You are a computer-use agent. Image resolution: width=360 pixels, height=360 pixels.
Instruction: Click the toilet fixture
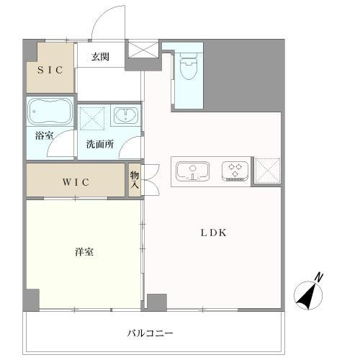coord(189,66)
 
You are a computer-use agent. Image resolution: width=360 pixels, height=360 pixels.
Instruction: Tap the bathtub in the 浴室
coord(50,112)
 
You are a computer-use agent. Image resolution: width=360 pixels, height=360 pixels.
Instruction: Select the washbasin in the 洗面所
coord(126,115)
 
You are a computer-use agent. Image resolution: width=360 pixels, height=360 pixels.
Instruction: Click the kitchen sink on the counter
coord(192,171)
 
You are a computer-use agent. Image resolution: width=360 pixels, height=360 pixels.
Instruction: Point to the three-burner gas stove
coord(235,171)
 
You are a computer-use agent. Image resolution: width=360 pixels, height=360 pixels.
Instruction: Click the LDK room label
coord(213,233)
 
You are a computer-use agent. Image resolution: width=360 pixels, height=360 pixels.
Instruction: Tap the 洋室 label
coord(84,252)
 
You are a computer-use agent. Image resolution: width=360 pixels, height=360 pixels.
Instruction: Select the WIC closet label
coord(76,182)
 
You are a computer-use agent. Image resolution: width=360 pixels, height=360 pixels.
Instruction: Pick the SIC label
coord(50,70)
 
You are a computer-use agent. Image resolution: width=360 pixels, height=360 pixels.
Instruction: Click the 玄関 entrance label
coord(100,57)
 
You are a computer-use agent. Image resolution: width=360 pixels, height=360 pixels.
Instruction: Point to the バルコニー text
coord(150,333)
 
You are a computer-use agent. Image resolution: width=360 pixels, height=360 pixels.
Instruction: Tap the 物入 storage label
coord(135,179)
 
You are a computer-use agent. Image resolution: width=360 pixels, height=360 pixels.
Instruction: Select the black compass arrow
coord(307,297)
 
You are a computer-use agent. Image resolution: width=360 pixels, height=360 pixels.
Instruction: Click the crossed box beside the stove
coord(267,171)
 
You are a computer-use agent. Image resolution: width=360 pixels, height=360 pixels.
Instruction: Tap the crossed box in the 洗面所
coord(92,119)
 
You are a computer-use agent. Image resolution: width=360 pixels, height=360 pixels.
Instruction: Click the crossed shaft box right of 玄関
coord(143,50)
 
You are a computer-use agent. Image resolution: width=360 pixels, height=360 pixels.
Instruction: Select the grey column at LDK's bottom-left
coord(157,302)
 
